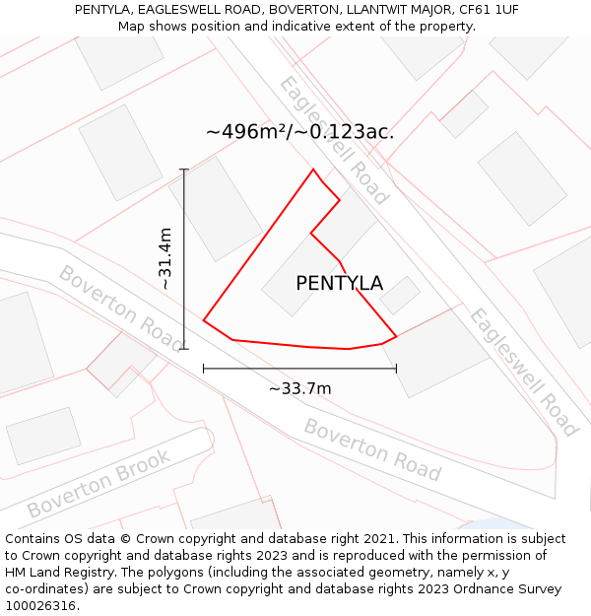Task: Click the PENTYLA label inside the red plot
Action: tap(339, 284)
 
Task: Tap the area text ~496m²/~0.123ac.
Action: tap(300, 131)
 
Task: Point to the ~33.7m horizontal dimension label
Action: tap(300, 388)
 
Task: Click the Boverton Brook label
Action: tap(98, 484)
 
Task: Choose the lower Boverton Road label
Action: tap(371, 449)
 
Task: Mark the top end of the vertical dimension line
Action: tap(184, 170)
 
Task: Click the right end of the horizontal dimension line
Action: tap(396, 369)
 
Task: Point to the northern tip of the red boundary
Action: tap(314, 170)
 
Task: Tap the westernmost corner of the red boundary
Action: tap(204, 320)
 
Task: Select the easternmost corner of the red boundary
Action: tap(396, 336)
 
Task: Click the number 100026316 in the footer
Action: tap(40, 606)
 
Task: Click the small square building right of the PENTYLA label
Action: tap(400, 295)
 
